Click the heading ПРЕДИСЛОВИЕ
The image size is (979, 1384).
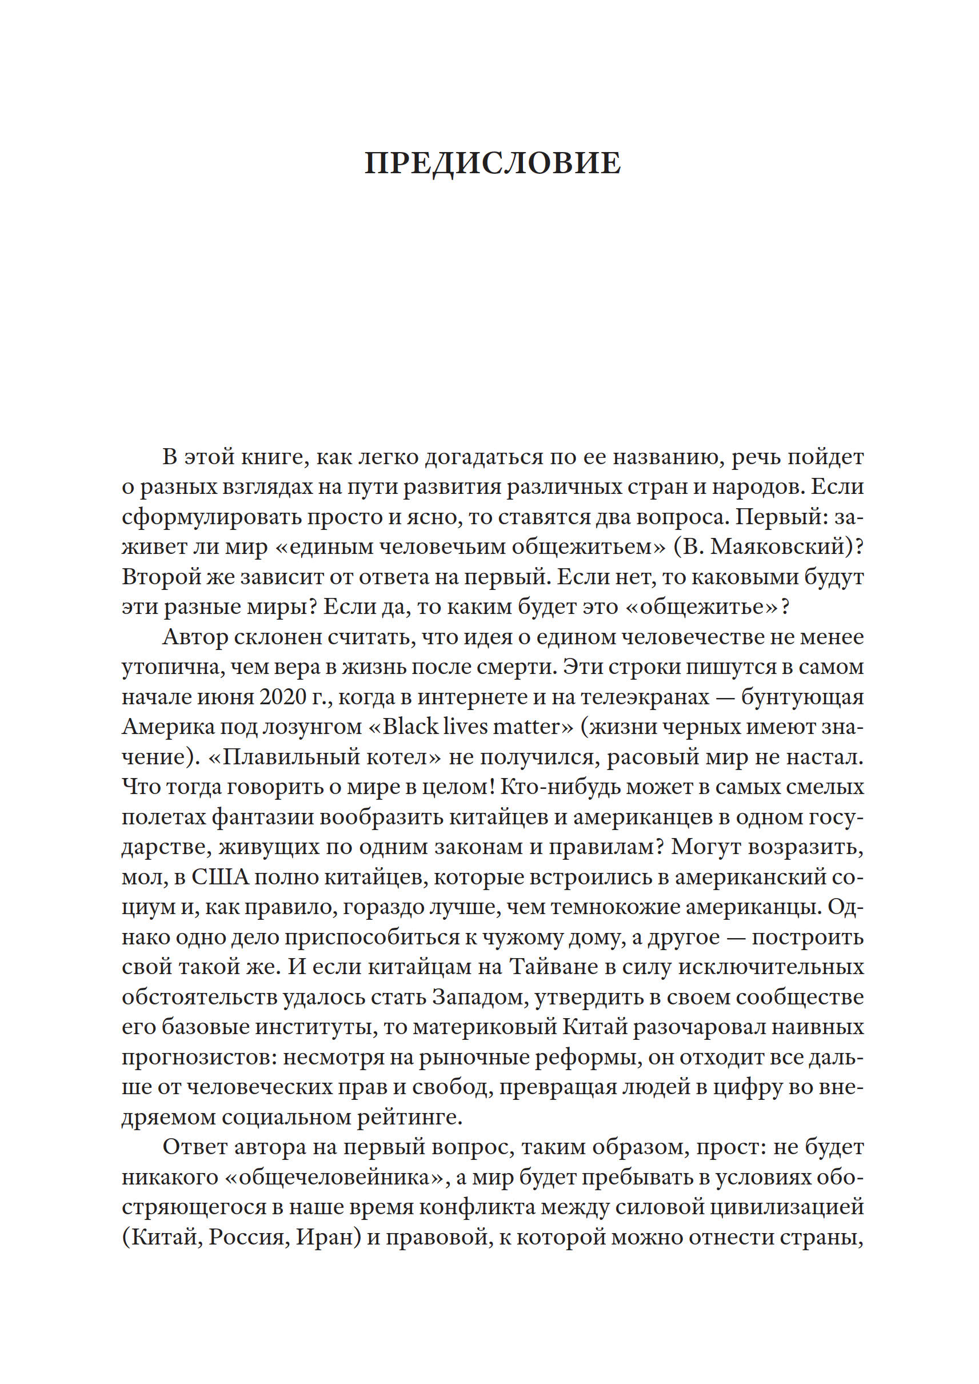[x=492, y=163]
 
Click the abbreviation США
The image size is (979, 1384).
[x=220, y=877]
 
